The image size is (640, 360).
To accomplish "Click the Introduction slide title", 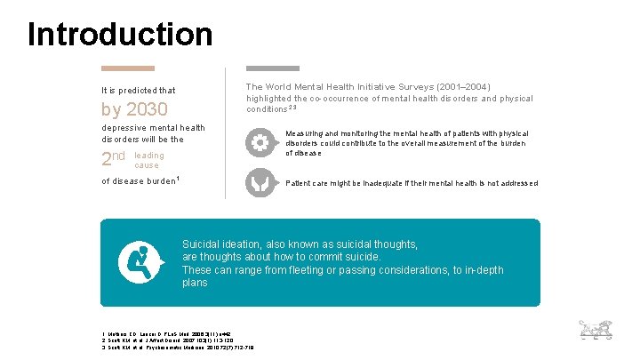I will point(120,35).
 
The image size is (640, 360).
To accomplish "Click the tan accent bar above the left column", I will point(127,68).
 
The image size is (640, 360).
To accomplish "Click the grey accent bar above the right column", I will point(272,68).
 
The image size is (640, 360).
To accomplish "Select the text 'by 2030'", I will point(134,110).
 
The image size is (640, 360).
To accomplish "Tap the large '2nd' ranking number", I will point(113,159).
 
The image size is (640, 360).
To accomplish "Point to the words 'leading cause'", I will point(148,160).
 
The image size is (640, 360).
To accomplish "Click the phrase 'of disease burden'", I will point(140,181).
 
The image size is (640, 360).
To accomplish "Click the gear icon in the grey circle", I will point(260,142).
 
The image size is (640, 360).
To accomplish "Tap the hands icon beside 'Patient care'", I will point(260,182).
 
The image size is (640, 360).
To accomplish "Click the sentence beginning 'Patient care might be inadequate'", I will point(412,183).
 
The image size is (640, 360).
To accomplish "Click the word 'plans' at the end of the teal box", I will point(195,283).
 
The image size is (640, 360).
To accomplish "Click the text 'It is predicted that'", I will point(138,90).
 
